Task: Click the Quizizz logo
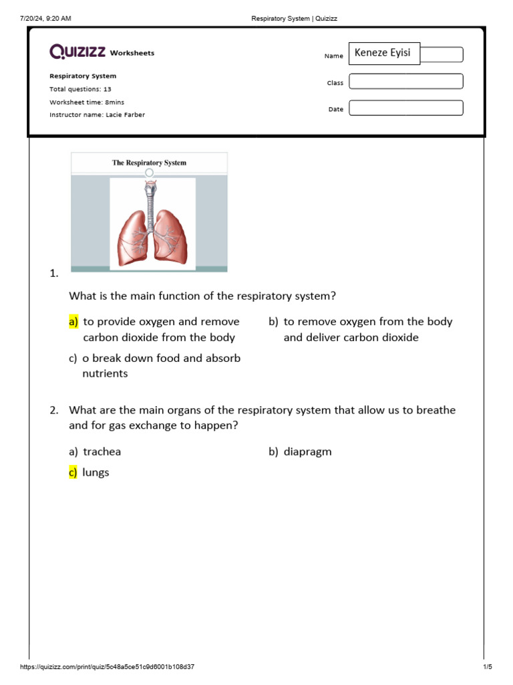point(77,52)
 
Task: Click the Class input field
point(405,82)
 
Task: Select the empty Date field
point(405,108)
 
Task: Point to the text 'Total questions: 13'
point(80,89)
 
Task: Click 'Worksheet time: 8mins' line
point(87,102)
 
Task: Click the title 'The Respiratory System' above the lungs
point(149,163)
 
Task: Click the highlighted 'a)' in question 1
point(73,322)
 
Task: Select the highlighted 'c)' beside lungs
point(73,472)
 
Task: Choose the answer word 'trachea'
point(102,452)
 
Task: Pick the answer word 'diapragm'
point(307,452)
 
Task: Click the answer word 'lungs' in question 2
point(96,472)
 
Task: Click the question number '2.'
point(54,410)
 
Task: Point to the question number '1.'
point(54,273)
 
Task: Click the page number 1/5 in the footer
point(487,667)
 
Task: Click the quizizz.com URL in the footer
point(108,667)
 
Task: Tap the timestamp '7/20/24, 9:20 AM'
point(45,18)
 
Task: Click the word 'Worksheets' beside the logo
point(132,53)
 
